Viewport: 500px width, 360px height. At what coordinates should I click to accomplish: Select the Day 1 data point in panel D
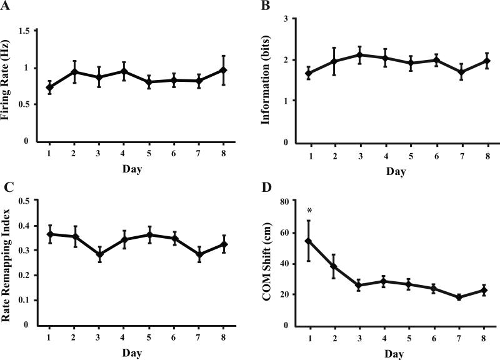(307, 241)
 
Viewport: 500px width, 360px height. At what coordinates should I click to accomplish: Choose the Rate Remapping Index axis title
(8, 262)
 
